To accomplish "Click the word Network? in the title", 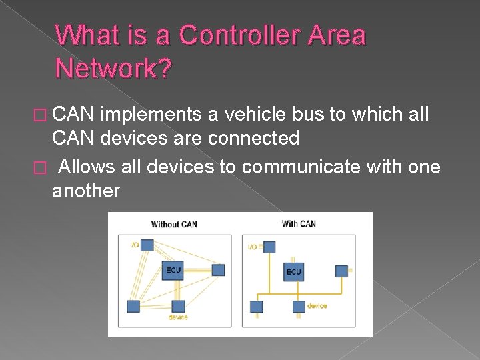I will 113,67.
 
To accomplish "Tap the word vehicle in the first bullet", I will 252,115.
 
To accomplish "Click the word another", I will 86,191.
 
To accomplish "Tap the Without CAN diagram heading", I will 174,224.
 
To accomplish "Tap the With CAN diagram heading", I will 299,223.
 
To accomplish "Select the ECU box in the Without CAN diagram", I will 173,271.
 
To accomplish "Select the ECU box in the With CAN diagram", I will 293,271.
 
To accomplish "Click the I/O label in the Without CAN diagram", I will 135,245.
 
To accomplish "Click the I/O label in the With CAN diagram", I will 253,247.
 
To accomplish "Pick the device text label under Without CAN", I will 178,317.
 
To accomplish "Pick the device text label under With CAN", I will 317,306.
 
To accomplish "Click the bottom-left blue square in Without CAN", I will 133,306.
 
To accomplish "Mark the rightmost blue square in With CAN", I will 341,271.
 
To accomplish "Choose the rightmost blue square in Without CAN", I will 218,270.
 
